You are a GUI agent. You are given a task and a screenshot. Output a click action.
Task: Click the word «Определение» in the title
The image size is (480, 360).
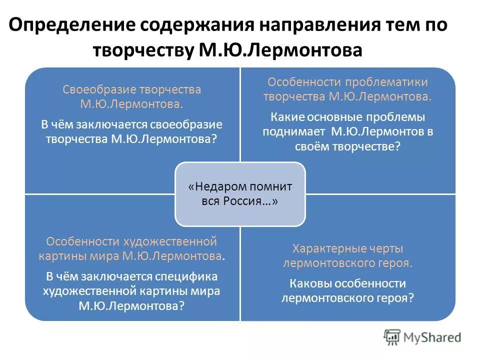[70, 25]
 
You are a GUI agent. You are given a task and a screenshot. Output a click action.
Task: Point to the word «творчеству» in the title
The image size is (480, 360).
[139, 50]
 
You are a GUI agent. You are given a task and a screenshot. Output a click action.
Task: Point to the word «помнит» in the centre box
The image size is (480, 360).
[265, 186]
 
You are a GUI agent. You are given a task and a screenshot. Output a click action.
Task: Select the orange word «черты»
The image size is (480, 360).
[387, 248]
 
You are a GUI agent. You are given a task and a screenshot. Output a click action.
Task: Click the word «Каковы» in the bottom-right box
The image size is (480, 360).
[308, 283]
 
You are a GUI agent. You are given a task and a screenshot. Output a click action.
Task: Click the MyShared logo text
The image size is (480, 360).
[432, 337]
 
